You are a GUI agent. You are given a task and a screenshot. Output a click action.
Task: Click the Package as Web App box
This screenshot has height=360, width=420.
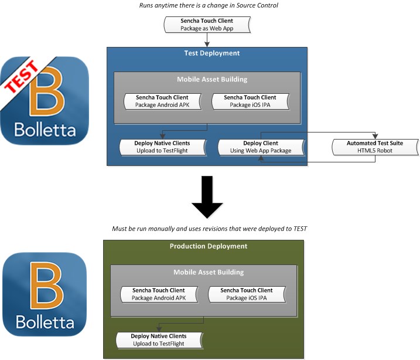(x=207, y=24)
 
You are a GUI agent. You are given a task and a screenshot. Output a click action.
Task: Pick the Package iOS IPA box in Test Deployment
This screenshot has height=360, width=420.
(x=251, y=101)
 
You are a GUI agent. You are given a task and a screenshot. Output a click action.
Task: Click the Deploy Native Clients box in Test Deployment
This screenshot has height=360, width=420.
(x=162, y=147)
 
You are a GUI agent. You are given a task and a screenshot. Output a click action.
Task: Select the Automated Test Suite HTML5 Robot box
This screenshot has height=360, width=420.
(x=375, y=147)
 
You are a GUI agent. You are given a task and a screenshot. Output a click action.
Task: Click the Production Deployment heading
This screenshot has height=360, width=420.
(x=208, y=246)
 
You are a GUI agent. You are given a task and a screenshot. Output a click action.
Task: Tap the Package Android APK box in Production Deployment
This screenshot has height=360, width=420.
(x=158, y=294)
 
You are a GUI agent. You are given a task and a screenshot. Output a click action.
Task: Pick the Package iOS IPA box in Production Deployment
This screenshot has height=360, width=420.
(x=247, y=294)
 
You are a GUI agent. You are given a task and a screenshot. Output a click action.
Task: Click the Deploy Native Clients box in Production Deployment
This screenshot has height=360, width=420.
(x=159, y=339)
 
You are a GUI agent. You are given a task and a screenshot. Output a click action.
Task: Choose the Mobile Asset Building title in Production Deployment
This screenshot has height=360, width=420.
(x=208, y=272)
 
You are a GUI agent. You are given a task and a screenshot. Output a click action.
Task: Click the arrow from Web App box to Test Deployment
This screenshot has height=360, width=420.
(x=207, y=40)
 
